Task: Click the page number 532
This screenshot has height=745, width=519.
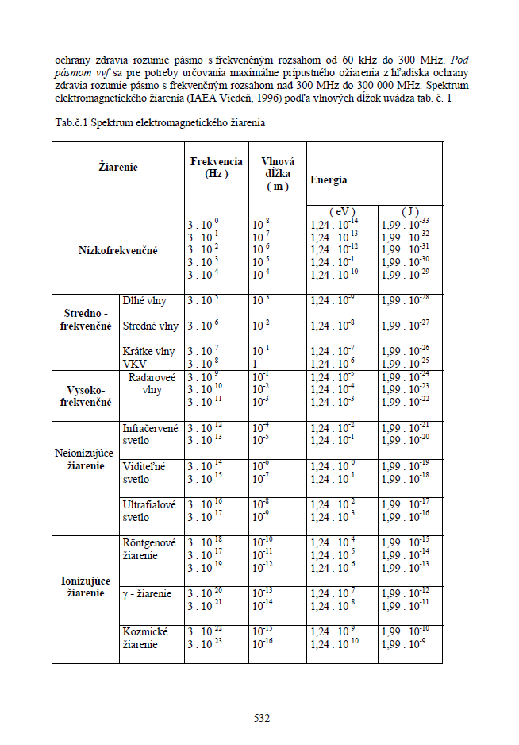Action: tap(262, 718)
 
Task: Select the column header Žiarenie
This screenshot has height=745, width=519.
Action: tap(117, 168)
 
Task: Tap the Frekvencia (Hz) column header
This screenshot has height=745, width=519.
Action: tap(216, 168)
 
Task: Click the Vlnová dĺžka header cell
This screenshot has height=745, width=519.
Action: tap(277, 172)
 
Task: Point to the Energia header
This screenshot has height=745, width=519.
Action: tap(329, 180)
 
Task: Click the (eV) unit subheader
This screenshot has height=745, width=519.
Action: tap(342, 211)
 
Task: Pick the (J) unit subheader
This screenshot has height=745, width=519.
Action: tap(409, 211)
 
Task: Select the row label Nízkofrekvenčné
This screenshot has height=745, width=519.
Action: tap(117, 250)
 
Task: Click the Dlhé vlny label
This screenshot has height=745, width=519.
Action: tap(144, 301)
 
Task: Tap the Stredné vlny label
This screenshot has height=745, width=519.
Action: tap(150, 326)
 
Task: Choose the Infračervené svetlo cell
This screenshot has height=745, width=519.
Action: tap(150, 434)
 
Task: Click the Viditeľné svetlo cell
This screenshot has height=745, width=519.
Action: tap(143, 473)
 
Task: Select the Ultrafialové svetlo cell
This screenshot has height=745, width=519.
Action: tap(149, 511)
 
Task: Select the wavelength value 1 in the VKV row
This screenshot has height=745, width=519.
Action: tap(255, 362)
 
